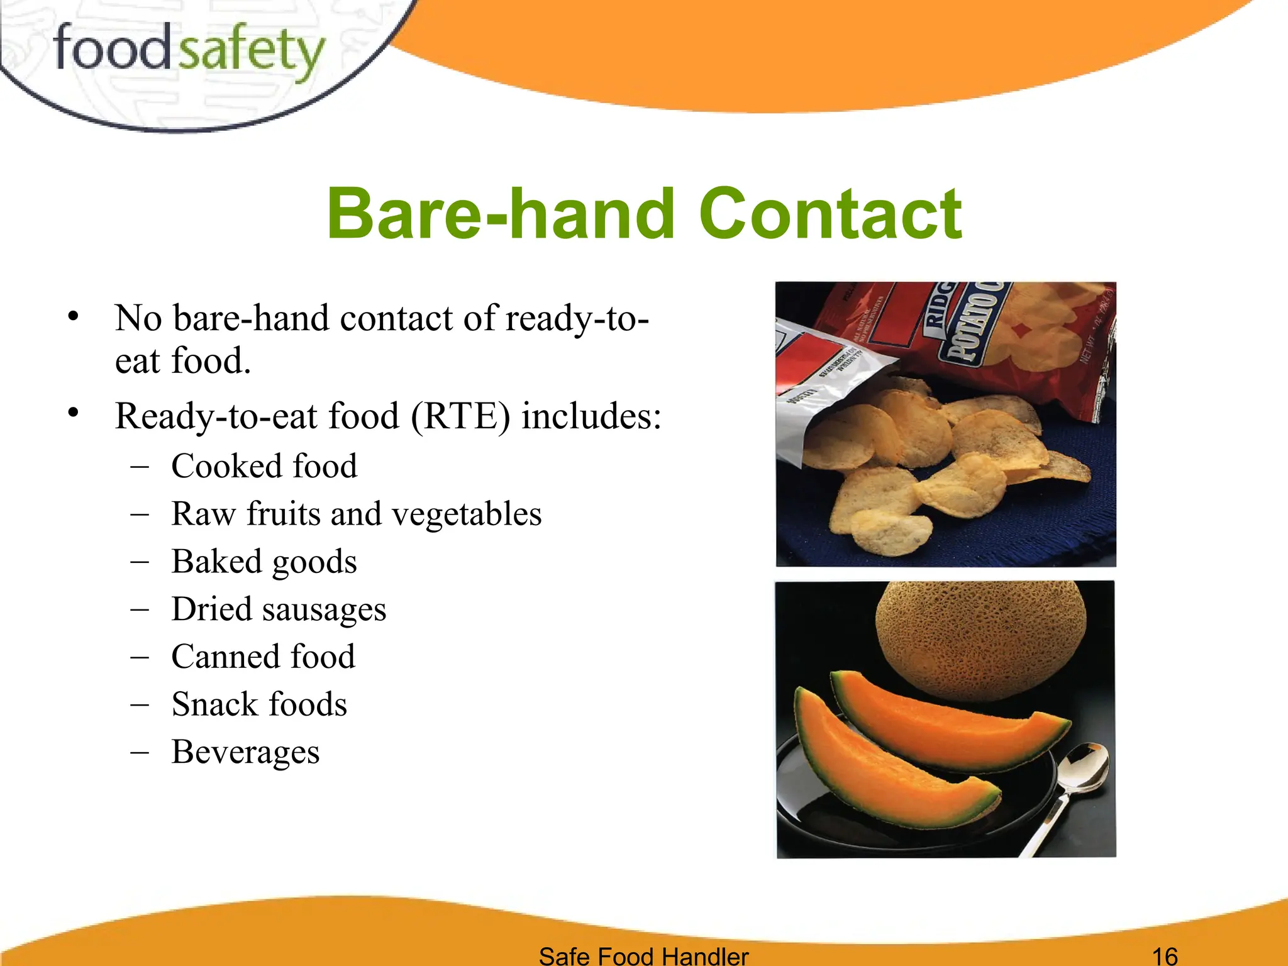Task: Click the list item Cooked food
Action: (x=264, y=466)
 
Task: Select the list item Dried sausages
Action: (x=279, y=609)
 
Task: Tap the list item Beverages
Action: (x=245, y=752)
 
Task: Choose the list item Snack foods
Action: (x=259, y=704)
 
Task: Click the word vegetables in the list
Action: (x=467, y=514)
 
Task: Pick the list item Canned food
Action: (x=263, y=657)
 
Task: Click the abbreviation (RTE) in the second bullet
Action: (x=460, y=416)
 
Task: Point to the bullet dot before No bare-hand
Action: (x=74, y=316)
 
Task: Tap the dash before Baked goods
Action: (x=140, y=562)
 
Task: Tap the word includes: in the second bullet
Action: (x=591, y=416)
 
